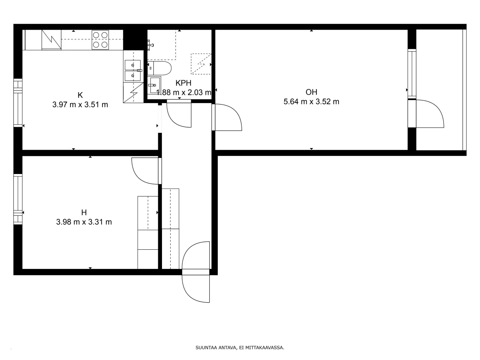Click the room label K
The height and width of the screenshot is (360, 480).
[x=80, y=95]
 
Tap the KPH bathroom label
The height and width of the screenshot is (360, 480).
[x=183, y=83]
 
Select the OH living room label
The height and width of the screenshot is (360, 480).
[x=311, y=92]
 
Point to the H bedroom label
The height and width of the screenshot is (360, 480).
[x=84, y=213]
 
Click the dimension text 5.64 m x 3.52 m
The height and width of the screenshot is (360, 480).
[x=311, y=102]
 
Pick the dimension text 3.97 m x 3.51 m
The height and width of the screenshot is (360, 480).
[x=80, y=105]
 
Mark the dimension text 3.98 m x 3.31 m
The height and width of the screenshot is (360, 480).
[x=84, y=222]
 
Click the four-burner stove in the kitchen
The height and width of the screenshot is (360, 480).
[x=100, y=40]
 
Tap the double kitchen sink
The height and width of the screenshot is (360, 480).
[x=133, y=70]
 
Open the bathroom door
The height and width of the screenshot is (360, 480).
[x=179, y=114]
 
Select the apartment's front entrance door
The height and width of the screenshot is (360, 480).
[x=195, y=272]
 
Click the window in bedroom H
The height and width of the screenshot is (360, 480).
[x=18, y=199]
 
